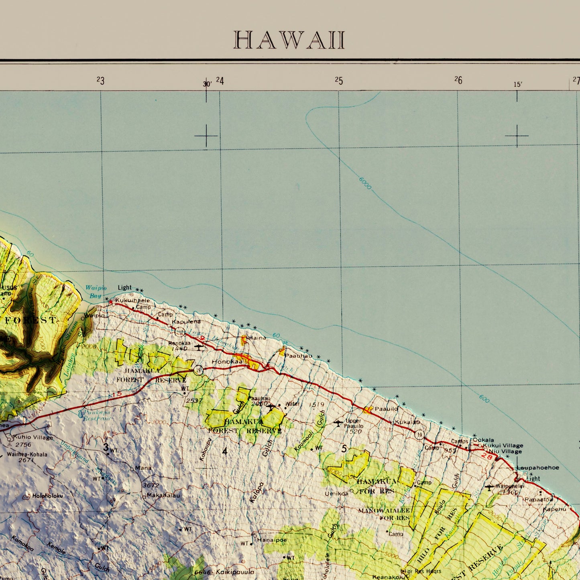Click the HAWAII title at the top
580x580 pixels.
(x=289, y=40)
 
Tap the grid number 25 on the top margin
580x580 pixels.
(x=339, y=81)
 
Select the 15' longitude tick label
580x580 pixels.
(x=518, y=84)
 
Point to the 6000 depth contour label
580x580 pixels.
(x=365, y=183)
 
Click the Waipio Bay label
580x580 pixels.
(x=96, y=291)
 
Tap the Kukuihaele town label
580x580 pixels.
(x=132, y=300)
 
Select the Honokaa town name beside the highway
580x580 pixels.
(x=227, y=362)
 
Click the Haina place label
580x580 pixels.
(x=257, y=338)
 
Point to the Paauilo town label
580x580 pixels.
(x=386, y=409)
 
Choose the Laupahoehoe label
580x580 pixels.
(x=537, y=468)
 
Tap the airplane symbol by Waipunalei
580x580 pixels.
(x=489, y=487)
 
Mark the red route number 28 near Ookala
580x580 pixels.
(x=486, y=456)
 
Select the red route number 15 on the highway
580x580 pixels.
(x=117, y=395)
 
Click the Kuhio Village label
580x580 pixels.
(x=33, y=437)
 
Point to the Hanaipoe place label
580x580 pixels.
(x=272, y=540)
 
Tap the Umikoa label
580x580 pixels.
(x=336, y=493)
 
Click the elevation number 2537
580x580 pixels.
(x=194, y=401)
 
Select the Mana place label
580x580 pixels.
(x=143, y=468)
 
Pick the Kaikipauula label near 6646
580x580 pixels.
(x=235, y=572)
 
